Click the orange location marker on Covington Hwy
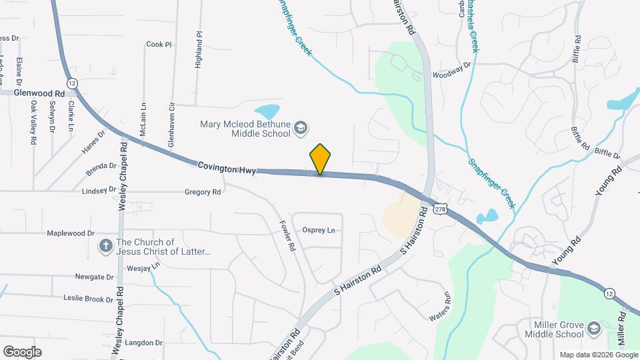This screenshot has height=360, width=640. pyautogui.click(x=321, y=159)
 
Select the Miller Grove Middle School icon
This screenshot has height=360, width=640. pyautogui.click(x=593, y=329)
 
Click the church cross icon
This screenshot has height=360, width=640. pyautogui.click(x=105, y=247)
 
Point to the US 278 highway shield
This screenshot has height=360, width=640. pyautogui.click(x=439, y=209)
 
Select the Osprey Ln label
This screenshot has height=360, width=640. pyautogui.click(x=319, y=231)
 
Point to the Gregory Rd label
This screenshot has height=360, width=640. pyautogui.click(x=202, y=192)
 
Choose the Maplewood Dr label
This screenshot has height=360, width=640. pyautogui.click(x=71, y=233)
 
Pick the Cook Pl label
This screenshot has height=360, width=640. pyautogui.click(x=159, y=45)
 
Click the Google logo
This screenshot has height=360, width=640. pyautogui.click(x=22, y=351)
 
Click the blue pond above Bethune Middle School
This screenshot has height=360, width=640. pyautogui.click(x=267, y=111)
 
